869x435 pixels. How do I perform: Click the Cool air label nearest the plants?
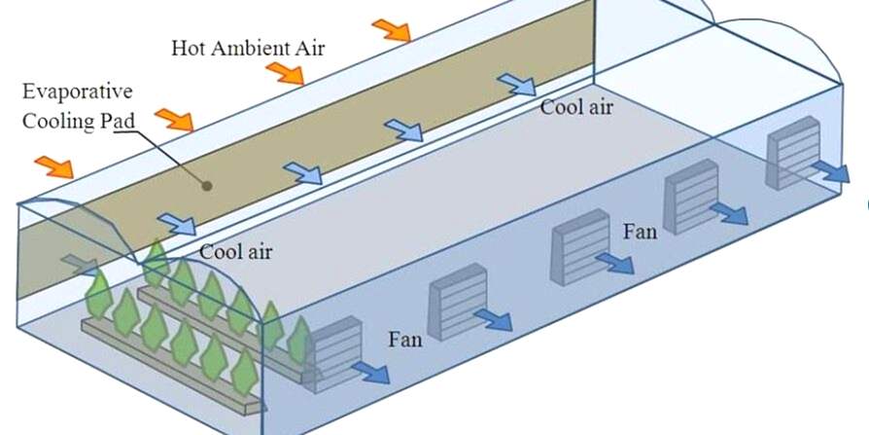[235, 252]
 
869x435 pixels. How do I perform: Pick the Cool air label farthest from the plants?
[576, 107]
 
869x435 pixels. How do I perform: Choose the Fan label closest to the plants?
[405, 340]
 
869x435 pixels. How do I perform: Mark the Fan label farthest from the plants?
[641, 232]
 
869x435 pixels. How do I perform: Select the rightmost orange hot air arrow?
[391, 30]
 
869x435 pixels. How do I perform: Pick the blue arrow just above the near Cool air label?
[176, 224]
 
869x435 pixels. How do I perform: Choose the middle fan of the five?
[572, 249]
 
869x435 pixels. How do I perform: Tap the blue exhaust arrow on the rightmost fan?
[830, 172]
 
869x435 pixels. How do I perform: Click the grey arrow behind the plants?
[79, 265]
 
